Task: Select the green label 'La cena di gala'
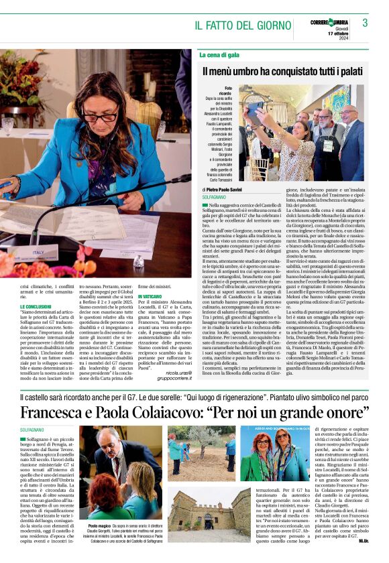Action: pos(219,54)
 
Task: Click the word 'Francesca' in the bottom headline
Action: pos(60,409)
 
